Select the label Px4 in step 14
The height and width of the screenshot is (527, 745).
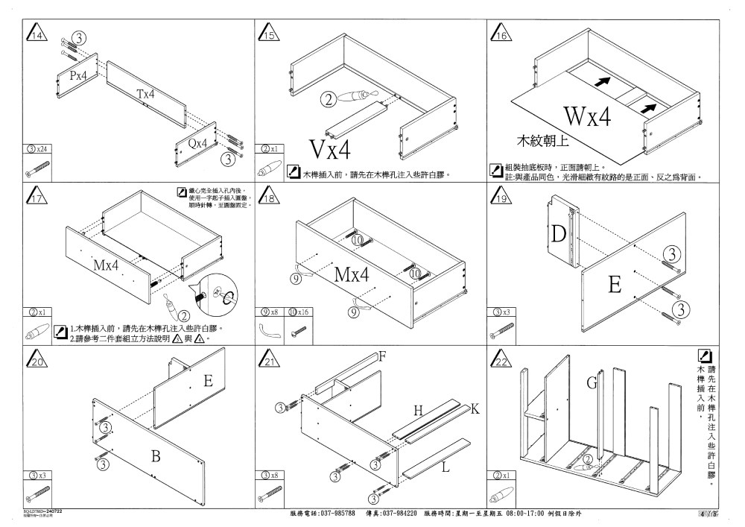pos(78,75)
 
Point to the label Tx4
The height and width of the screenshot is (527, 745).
pos(146,95)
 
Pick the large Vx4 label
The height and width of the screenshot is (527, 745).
pos(329,150)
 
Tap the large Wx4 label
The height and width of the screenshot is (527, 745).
pos(587,117)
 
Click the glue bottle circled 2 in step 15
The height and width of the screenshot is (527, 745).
pos(354,97)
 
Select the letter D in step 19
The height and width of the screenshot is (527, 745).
pos(558,235)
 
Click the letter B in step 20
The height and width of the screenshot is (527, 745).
pos(156,456)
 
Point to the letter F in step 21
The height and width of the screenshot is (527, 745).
pos(382,356)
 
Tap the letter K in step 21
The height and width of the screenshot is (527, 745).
pos(475,409)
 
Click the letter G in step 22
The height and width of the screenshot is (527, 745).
pos(592,383)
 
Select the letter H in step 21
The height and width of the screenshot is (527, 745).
pos(418,410)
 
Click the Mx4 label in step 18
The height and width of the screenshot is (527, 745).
pos(352,274)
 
